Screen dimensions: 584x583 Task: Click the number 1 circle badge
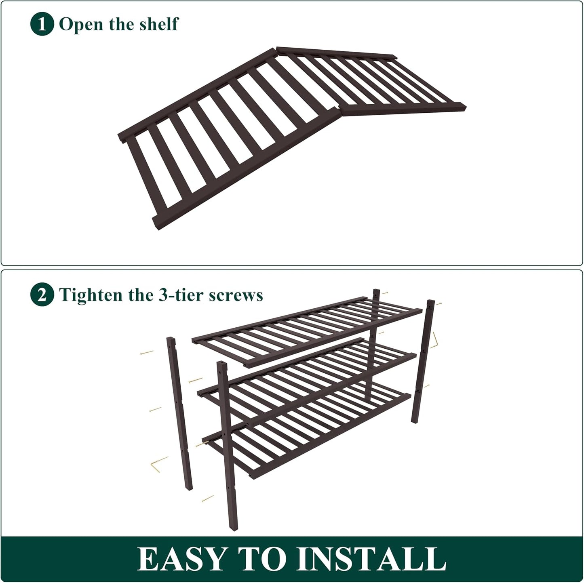coord(42,24)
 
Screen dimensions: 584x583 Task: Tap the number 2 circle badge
coord(42,294)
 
